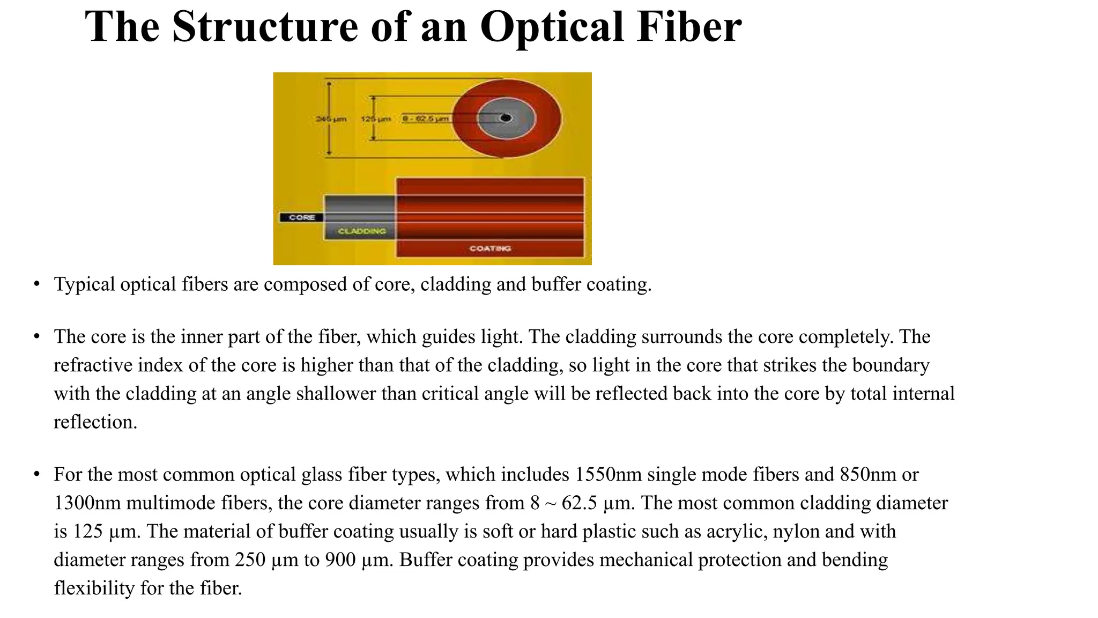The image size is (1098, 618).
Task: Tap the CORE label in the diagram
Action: click(301, 217)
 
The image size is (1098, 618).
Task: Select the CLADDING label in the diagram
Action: click(362, 231)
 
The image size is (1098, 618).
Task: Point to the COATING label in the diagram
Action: click(490, 248)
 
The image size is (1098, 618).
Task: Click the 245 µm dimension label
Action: click(331, 119)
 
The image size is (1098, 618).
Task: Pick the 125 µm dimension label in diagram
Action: click(375, 119)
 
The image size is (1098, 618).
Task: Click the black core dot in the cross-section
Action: click(506, 118)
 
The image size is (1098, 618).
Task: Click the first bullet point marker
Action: click(36, 284)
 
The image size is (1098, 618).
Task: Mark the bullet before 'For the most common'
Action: click(36, 474)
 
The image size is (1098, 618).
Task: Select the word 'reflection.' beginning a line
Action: click(95, 422)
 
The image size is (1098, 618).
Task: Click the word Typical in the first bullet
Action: click(85, 284)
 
